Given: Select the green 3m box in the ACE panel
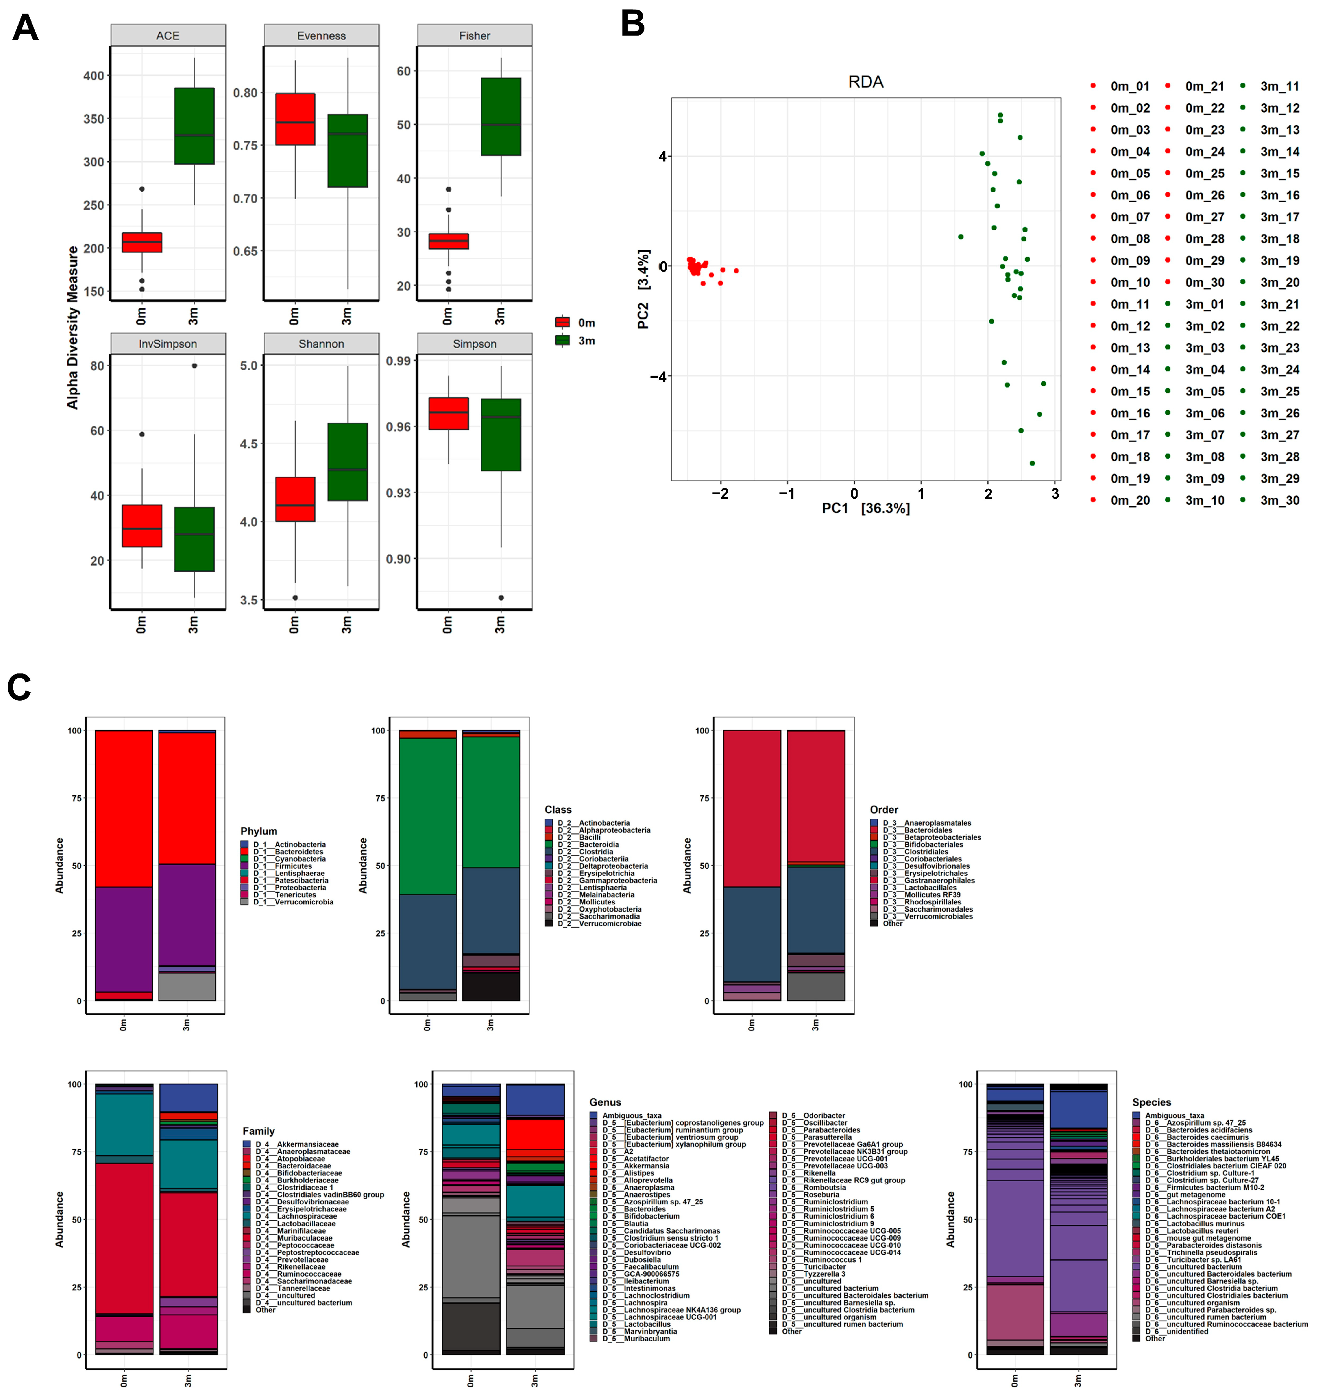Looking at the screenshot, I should click(x=195, y=127).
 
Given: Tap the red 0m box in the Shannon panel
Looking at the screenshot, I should click(x=295, y=499).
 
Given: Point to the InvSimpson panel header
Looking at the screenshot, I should click(x=168, y=344).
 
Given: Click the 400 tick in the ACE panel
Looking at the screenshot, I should click(x=93, y=76).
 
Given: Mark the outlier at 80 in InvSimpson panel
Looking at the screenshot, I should click(x=195, y=366).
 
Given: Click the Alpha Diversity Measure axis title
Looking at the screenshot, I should click(x=72, y=327).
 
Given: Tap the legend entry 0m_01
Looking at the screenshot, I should click(x=1129, y=86).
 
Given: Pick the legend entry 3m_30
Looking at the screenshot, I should click(x=1279, y=501).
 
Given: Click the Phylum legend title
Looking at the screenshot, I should click(x=258, y=831).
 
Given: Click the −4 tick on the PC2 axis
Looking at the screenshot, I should click(x=658, y=376).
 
